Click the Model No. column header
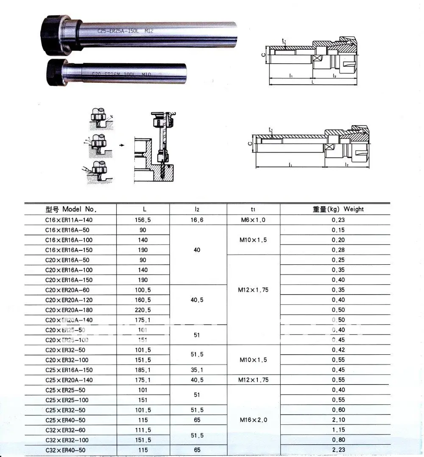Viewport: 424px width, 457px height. tap(71, 209)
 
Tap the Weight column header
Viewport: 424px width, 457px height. tap(338, 209)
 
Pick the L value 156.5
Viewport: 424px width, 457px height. tap(143, 220)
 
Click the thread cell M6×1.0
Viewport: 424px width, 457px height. tap(253, 220)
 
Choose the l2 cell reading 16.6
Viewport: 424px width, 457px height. tap(197, 220)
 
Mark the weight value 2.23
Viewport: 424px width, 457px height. tap(338, 450)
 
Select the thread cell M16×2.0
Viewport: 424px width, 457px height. tap(253, 420)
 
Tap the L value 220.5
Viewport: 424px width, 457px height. tap(143, 310)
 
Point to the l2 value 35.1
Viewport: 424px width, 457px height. tap(197, 370)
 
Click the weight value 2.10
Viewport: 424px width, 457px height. tap(338, 420)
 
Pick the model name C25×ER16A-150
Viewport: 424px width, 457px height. tap(68, 370)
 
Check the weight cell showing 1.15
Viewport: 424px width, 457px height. tap(338, 430)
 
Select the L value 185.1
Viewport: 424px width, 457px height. tap(143, 370)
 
